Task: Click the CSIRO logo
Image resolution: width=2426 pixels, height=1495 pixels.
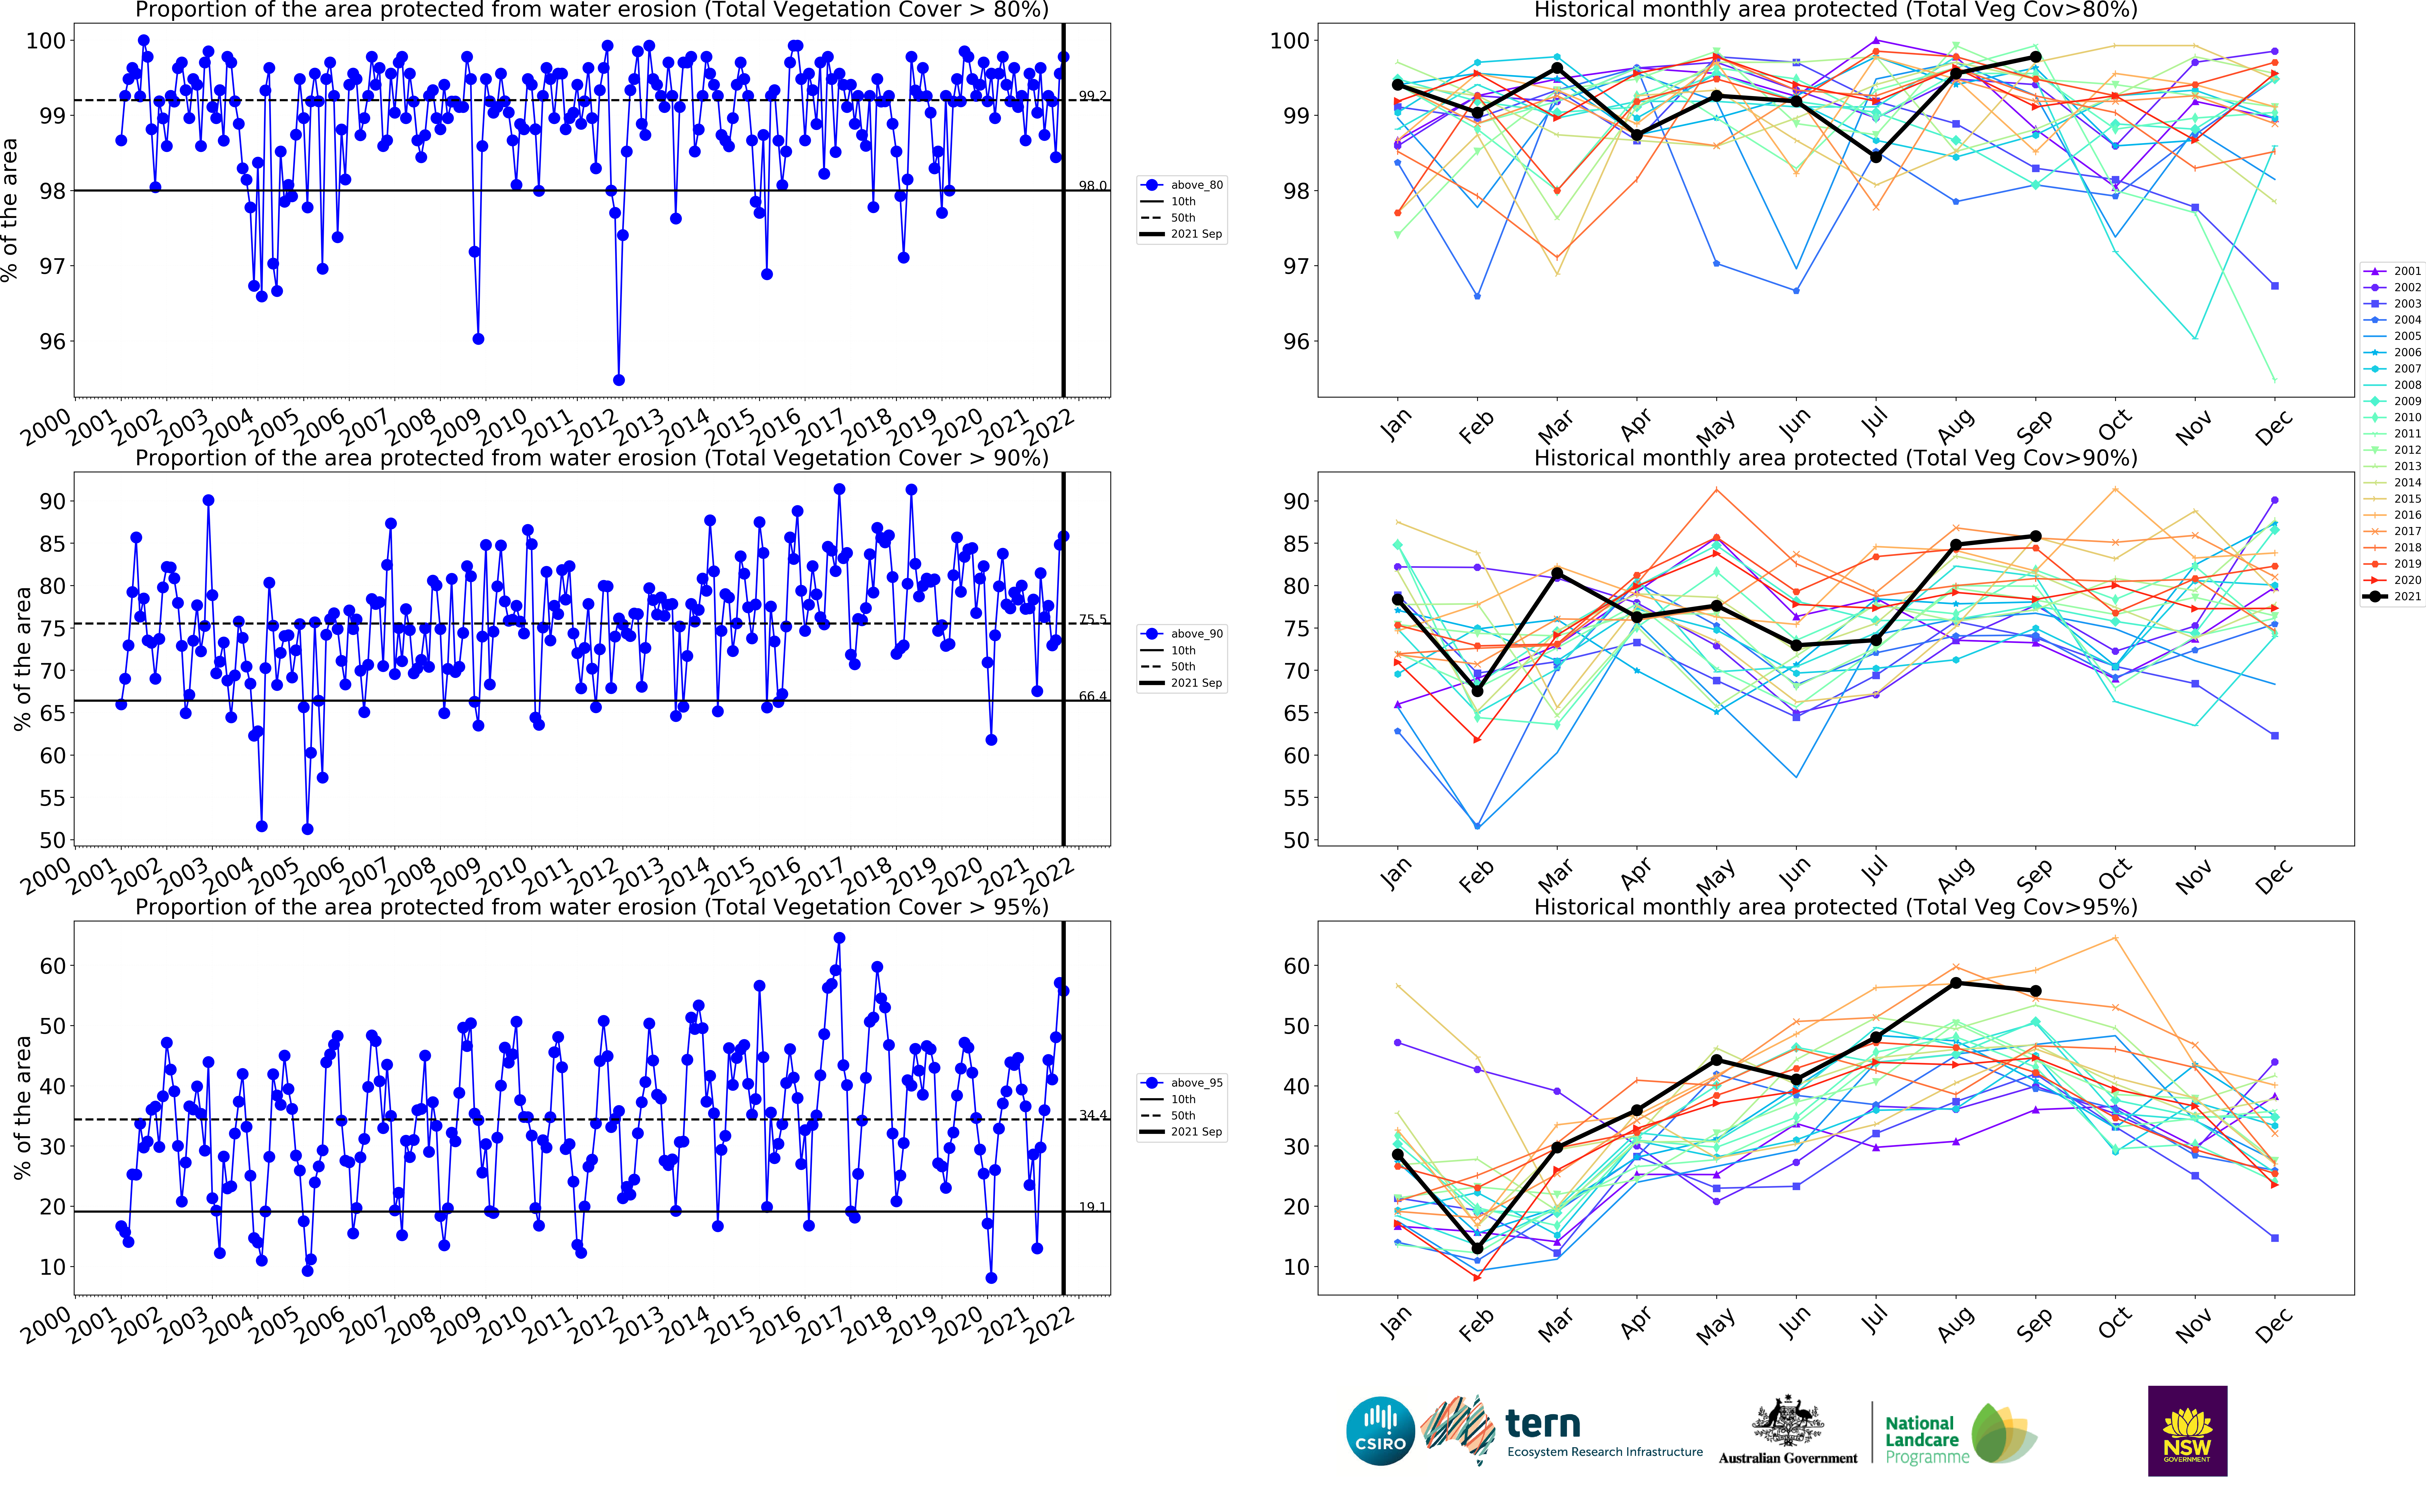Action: coord(1380,1431)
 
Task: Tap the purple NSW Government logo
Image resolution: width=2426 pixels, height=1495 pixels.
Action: coord(2187,1431)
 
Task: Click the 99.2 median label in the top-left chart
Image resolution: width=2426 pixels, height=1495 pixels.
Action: coord(1093,96)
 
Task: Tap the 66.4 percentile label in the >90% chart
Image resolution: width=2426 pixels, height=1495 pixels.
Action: coord(1093,696)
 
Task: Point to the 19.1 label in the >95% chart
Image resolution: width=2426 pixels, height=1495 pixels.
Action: coord(1093,1207)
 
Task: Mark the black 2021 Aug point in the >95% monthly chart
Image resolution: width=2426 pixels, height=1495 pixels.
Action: coord(1955,983)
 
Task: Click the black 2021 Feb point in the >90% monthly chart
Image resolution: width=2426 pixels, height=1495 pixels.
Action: coord(1477,691)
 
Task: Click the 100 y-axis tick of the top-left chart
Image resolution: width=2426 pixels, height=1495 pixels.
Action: coord(46,41)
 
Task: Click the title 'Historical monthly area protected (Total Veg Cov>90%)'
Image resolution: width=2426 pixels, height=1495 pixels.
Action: coord(1835,458)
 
